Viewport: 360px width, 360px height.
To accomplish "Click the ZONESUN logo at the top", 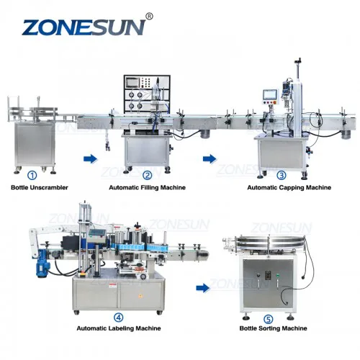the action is [x=84, y=28].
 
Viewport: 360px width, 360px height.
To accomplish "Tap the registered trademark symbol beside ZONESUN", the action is [x=149, y=17].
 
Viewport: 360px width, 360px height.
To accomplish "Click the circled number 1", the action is [x=32, y=176].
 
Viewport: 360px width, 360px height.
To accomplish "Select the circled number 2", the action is [x=148, y=176].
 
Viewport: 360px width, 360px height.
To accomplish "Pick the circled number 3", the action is [x=282, y=176].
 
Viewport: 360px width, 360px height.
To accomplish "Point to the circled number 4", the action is [x=118, y=318].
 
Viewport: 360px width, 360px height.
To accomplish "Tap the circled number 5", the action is [x=269, y=320].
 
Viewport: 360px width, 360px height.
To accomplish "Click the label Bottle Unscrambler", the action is [x=40, y=187].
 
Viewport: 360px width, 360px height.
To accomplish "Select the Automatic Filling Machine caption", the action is [x=147, y=187].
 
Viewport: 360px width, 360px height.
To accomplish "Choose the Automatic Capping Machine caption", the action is [x=289, y=187].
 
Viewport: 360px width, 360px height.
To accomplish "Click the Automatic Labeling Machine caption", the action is [x=119, y=328].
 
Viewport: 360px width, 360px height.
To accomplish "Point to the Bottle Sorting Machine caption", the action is [x=273, y=328].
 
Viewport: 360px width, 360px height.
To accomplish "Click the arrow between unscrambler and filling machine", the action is [x=90, y=159].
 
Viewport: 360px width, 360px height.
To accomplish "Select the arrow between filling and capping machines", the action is [x=210, y=159].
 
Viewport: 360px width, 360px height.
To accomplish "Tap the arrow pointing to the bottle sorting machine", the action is [x=203, y=287].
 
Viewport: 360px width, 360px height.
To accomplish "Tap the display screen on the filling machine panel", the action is [x=132, y=83].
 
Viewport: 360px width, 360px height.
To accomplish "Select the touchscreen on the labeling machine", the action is [x=97, y=233].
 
